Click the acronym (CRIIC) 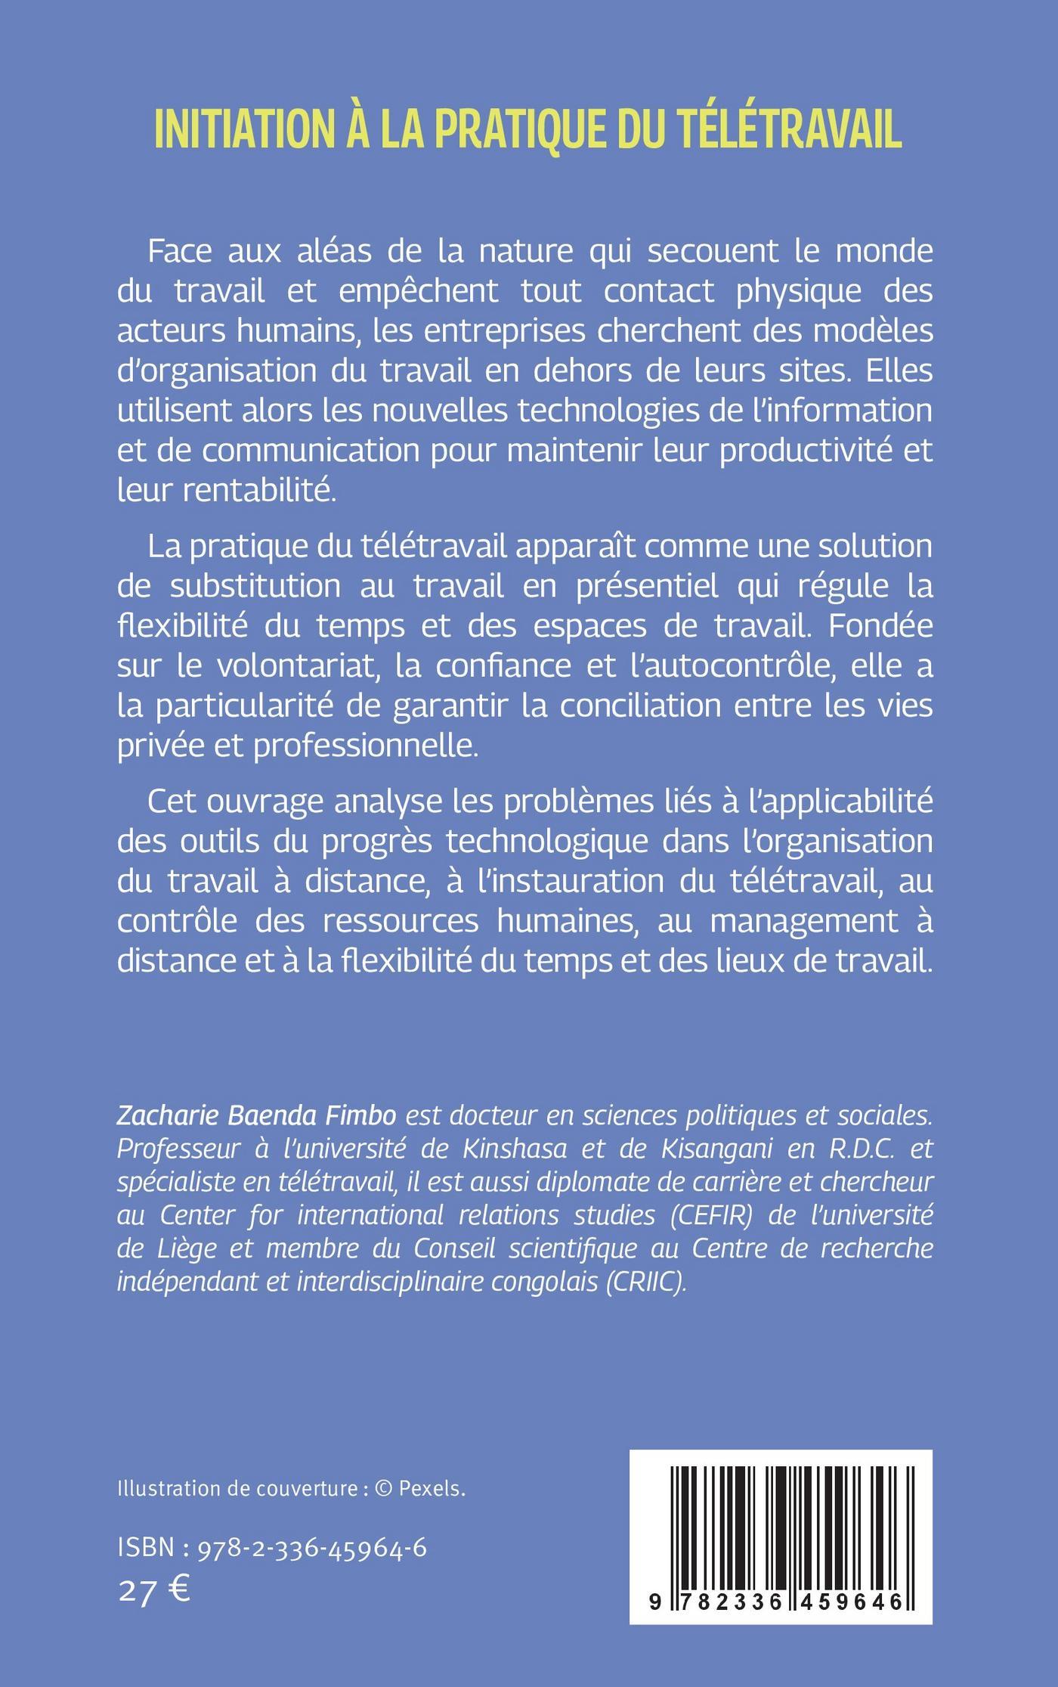point(647,1283)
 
